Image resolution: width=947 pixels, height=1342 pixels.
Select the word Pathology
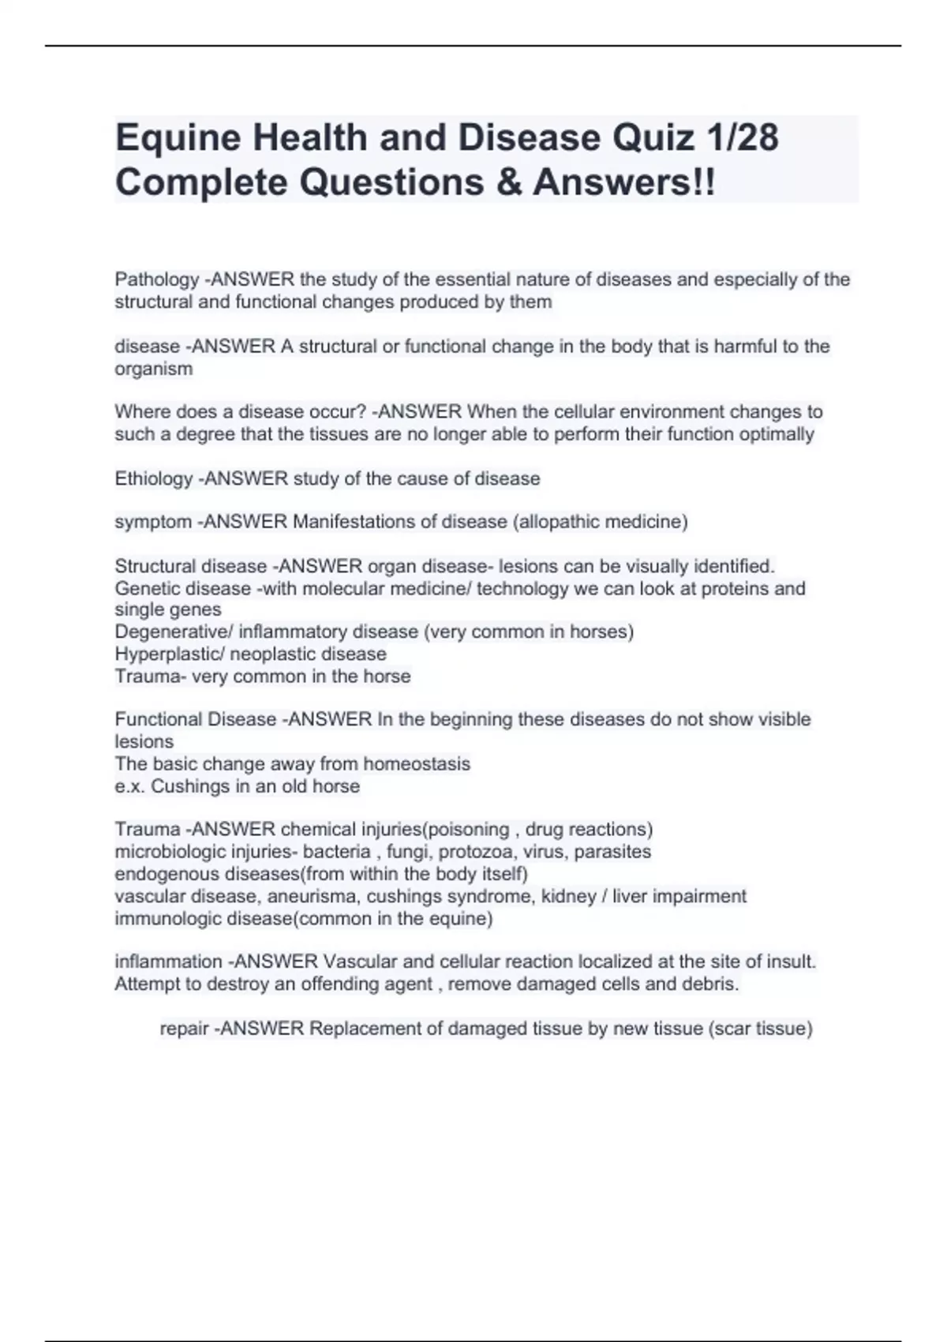click(157, 279)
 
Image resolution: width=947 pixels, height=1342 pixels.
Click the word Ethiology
click(154, 478)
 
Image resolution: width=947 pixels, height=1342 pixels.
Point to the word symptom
click(153, 522)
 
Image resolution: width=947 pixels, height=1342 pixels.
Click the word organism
click(153, 369)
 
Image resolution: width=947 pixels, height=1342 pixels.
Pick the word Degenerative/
click(174, 632)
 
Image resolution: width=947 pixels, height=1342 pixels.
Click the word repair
click(184, 1029)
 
